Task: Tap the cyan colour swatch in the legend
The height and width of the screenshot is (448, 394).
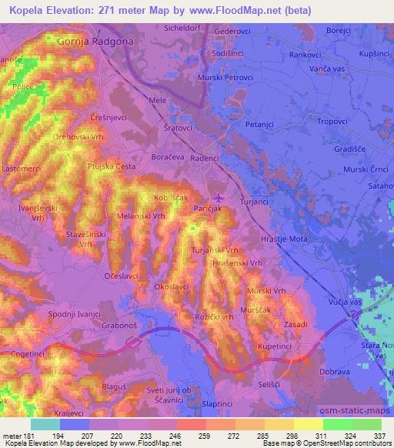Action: coord(45,424)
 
